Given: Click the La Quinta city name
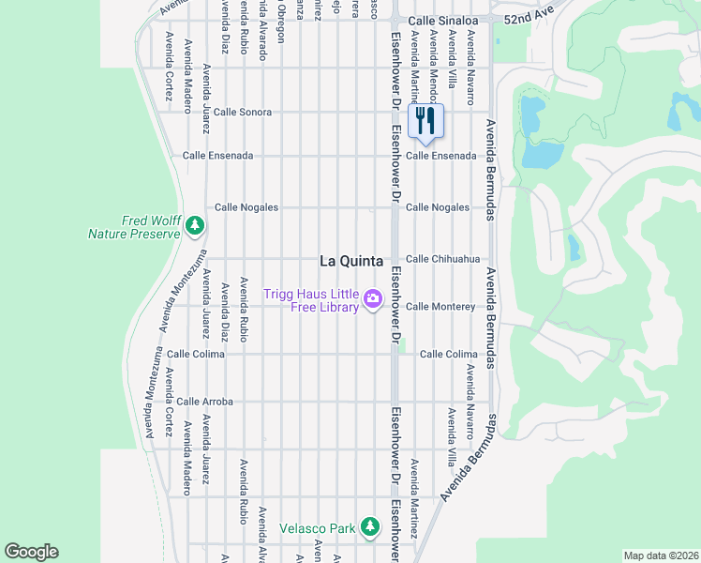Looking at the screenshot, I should pos(351,261).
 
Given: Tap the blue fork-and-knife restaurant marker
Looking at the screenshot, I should pos(425,120).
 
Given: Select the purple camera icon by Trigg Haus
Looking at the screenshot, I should pos(373,299).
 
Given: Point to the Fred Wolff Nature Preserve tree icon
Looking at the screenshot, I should pos(194,225).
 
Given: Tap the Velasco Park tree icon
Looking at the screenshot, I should pos(371,527).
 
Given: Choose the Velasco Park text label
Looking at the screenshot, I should pos(318,528).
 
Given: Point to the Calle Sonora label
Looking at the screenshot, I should pos(243,112).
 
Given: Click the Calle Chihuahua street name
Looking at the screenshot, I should pos(442,259).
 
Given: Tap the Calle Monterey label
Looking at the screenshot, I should pos(440,307).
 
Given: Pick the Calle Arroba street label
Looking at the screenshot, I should pos(204,402).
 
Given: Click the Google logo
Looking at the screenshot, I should pos(31,552).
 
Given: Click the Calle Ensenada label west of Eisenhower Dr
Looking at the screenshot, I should pos(217,156).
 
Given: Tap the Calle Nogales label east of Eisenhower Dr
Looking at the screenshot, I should pos(438,207).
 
